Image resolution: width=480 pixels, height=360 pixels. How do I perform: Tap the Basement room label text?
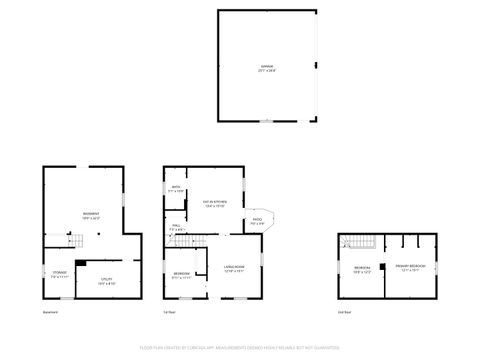pyautogui.click(x=91, y=215)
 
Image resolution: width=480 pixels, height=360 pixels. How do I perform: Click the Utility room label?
pyautogui.click(x=106, y=283)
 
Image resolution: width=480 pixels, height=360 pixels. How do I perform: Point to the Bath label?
pyautogui.click(x=176, y=189)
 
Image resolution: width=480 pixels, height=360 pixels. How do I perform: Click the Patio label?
pyautogui.click(x=257, y=222)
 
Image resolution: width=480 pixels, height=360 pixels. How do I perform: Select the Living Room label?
pyautogui.click(x=234, y=271)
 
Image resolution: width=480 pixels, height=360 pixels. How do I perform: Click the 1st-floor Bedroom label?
pyautogui.click(x=181, y=275)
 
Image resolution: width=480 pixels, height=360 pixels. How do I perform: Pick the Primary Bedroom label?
pyautogui.click(x=410, y=267)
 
